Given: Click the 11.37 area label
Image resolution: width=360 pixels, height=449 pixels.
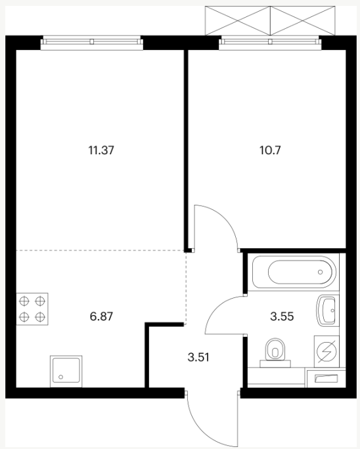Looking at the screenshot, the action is [101, 150].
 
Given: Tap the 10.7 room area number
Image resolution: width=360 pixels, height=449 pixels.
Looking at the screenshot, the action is [270, 150].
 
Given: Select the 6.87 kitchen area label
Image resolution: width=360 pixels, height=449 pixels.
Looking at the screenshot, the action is [101, 316].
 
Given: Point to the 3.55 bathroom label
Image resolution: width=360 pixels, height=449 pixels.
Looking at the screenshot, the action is [282, 316].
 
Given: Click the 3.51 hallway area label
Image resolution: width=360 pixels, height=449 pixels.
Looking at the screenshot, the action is [198, 357].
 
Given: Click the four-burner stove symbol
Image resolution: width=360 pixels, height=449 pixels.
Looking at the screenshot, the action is [32, 309].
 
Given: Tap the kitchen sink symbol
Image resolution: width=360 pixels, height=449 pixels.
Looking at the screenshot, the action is [66, 372].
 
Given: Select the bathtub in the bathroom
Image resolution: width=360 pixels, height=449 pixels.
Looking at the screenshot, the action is [294, 272].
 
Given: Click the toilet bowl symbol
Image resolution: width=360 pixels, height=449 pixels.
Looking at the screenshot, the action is [275, 353].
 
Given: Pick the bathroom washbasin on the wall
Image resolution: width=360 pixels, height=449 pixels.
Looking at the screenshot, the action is [326, 310].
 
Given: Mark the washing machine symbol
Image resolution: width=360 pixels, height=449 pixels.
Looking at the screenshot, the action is [326, 351].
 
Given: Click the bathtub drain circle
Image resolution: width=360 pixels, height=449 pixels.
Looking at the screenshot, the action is [320, 272].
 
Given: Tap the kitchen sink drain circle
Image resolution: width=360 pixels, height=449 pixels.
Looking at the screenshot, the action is [60, 377].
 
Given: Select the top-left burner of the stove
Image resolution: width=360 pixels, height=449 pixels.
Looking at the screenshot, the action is [24, 301].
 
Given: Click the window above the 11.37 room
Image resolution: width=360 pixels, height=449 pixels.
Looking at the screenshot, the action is [92, 42].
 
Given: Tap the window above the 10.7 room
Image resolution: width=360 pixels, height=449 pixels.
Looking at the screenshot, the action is [270, 42].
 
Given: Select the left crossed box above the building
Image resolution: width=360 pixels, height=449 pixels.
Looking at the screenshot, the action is [238, 20].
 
